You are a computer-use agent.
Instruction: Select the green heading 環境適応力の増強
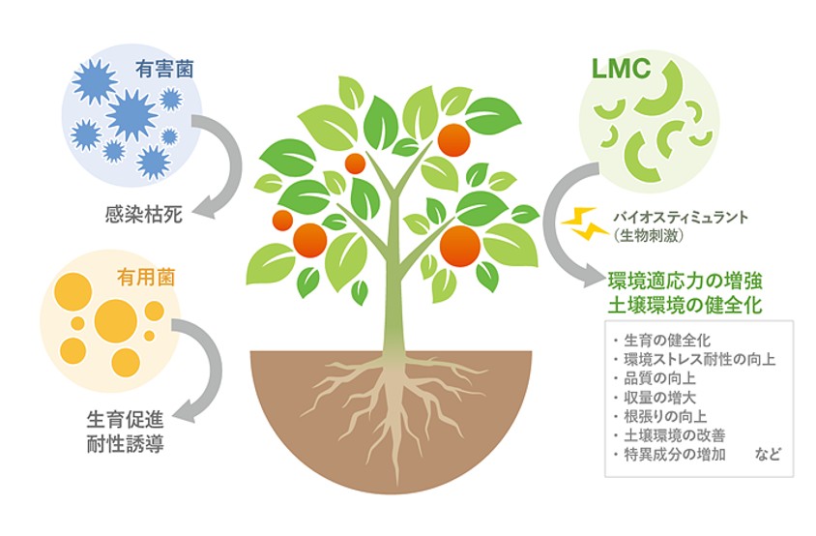[x=685, y=282]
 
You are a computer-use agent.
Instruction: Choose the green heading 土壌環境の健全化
[x=685, y=305]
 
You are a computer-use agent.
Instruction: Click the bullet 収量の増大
[x=656, y=397]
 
